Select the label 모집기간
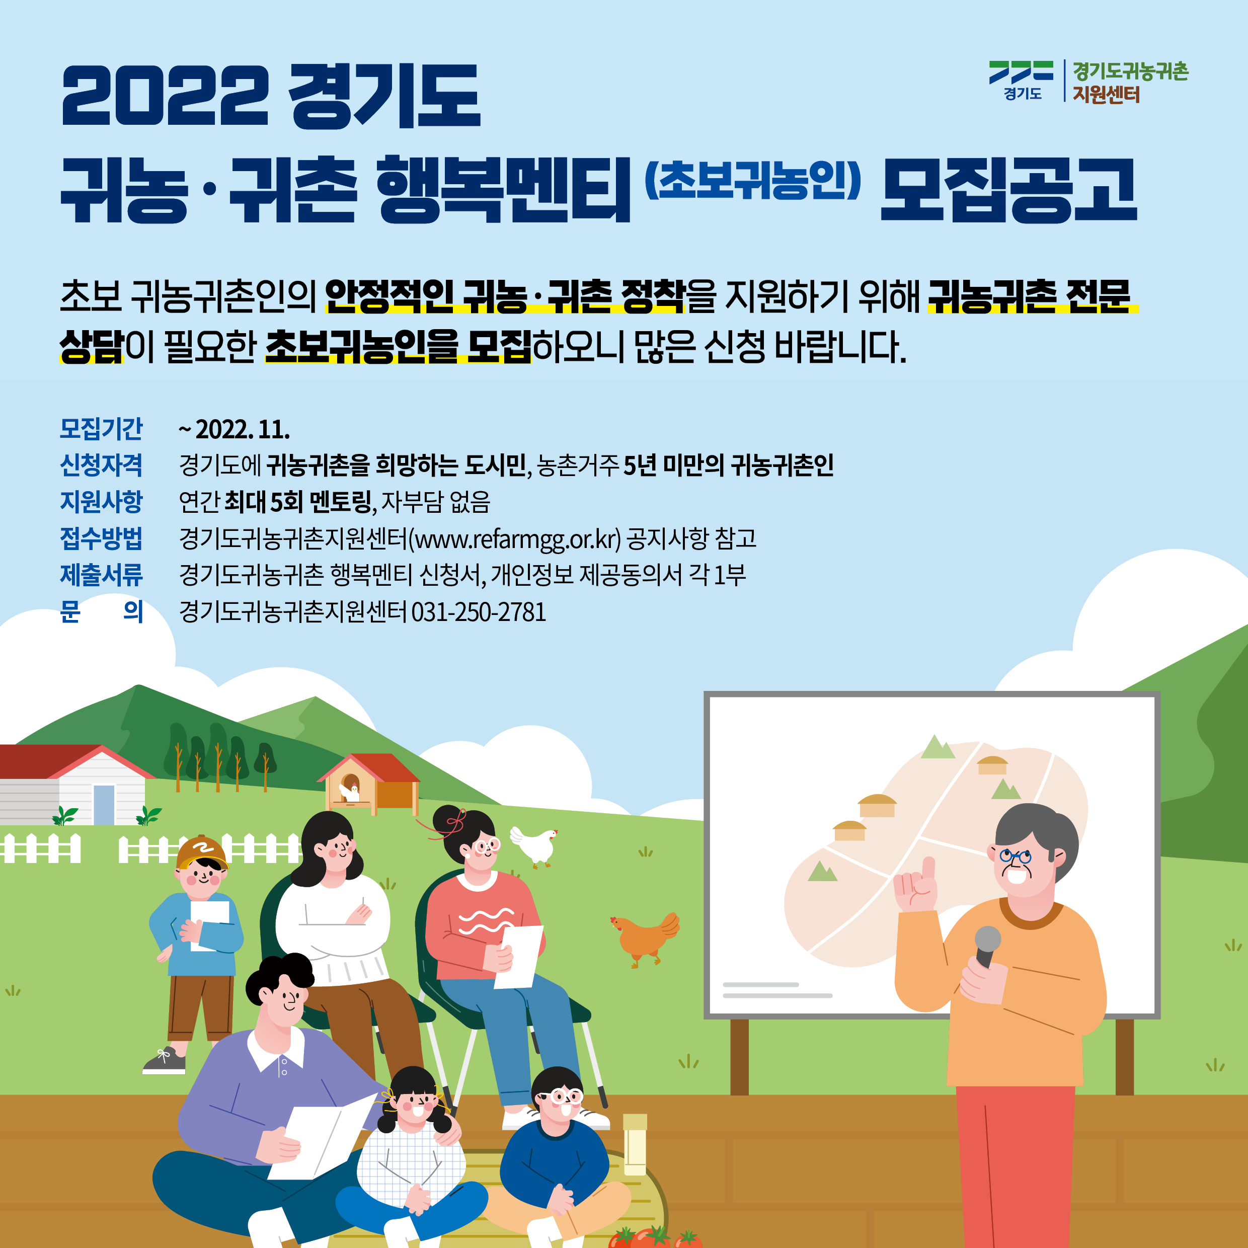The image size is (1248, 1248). coord(102,429)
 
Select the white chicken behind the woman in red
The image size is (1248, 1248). coord(533,845)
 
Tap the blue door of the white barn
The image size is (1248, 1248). coord(104,804)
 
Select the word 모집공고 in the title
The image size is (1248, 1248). coord(1008,191)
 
